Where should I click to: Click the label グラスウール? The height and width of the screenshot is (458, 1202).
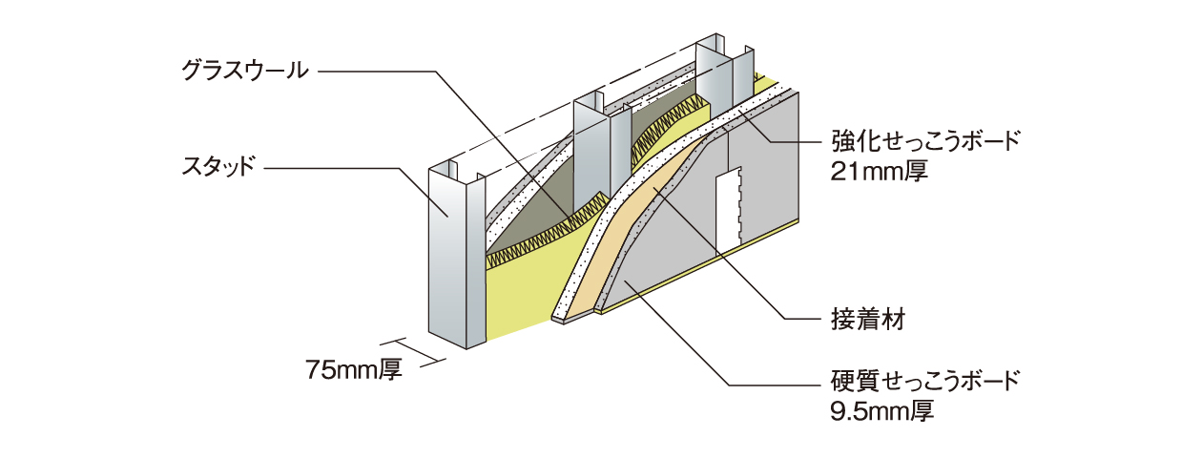245,71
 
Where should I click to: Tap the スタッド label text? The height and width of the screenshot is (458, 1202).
218,167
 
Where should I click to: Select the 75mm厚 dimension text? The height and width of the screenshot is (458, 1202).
354,369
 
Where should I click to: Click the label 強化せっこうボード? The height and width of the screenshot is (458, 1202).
924,141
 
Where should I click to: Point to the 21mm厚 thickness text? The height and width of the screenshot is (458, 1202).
879,172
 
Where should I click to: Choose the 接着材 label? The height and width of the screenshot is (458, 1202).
868,319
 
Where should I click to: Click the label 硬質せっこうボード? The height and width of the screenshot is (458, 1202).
924,381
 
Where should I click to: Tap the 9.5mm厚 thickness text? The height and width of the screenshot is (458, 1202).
881,411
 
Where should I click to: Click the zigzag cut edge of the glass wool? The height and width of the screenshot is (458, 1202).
542,237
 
